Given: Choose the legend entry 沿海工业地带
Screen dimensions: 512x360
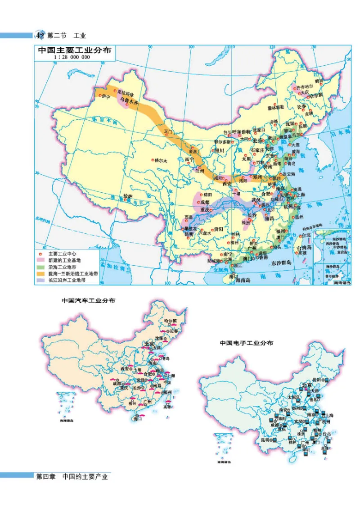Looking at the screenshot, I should [x=66, y=267].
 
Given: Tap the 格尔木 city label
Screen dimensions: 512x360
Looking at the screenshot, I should [x=161, y=160].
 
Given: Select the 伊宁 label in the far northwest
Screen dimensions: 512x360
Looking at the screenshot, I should [x=106, y=96].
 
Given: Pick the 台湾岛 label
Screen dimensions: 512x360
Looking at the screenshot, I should [x=302, y=248].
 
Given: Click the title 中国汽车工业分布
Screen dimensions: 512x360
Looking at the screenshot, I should [x=88, y=300].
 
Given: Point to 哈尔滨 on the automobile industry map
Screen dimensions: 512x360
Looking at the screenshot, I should [x=171, y=321].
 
